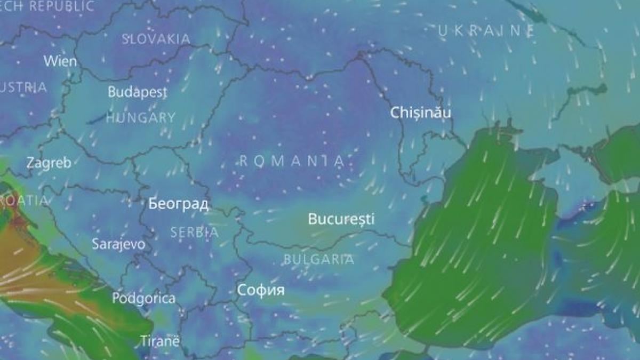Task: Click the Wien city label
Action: [60, 61]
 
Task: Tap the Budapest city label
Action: [137, 92]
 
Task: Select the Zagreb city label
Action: [49, 163]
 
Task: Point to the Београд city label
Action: [179, 204]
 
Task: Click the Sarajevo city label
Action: [118, 244]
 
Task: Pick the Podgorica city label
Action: [143, 298]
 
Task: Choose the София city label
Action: [261, 290]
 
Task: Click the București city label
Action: [341, 219]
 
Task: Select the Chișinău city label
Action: [421, 113]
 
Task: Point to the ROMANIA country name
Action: [291, 161]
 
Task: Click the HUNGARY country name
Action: [140, 118]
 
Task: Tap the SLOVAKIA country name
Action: [156, 39]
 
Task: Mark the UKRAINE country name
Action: [486, 31]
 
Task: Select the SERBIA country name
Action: [194, 233]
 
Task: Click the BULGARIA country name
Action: [318, 260]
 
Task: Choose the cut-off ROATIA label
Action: [23, 201]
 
